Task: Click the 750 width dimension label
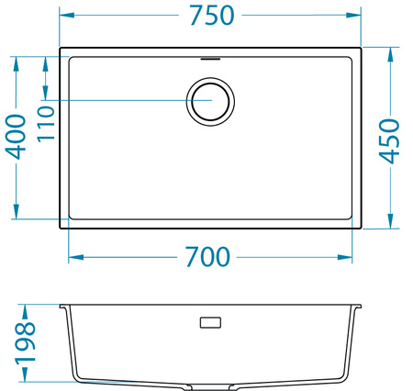[x=210, y=17]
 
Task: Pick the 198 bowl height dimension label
[x=24, y=342]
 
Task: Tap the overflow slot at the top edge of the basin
[x=210, y=55]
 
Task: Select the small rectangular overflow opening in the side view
[x=210, y=322]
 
